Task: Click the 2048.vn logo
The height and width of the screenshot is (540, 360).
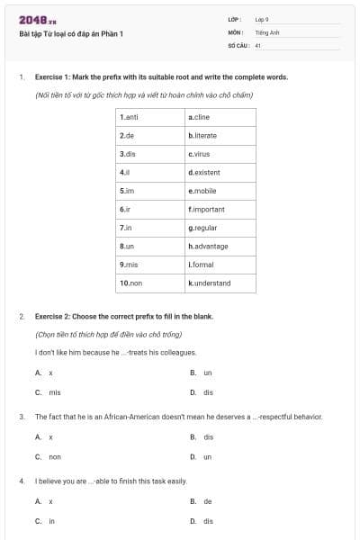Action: point(37,20)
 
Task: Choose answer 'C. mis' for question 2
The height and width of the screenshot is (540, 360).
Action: point(49,392)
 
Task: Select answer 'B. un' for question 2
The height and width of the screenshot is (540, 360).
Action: point(202,373)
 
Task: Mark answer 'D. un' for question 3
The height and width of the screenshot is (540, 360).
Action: point(202,457)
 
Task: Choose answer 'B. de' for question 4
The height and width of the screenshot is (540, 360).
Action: point(202,501)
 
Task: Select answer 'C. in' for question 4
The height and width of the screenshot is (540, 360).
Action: point(46,521)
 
